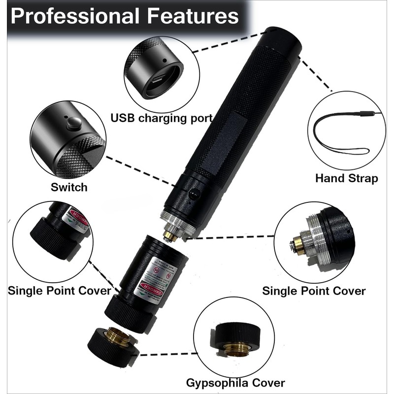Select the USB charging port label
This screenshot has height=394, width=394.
point(161,118)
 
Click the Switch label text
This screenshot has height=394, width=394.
point(69,187)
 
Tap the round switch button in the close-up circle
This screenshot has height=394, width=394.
point(74,123)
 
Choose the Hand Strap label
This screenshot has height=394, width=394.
point(346,178)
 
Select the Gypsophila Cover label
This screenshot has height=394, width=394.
point(235,383)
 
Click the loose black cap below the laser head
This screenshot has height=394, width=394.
point(111,342)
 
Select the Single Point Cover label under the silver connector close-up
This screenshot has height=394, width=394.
point(314,291)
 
